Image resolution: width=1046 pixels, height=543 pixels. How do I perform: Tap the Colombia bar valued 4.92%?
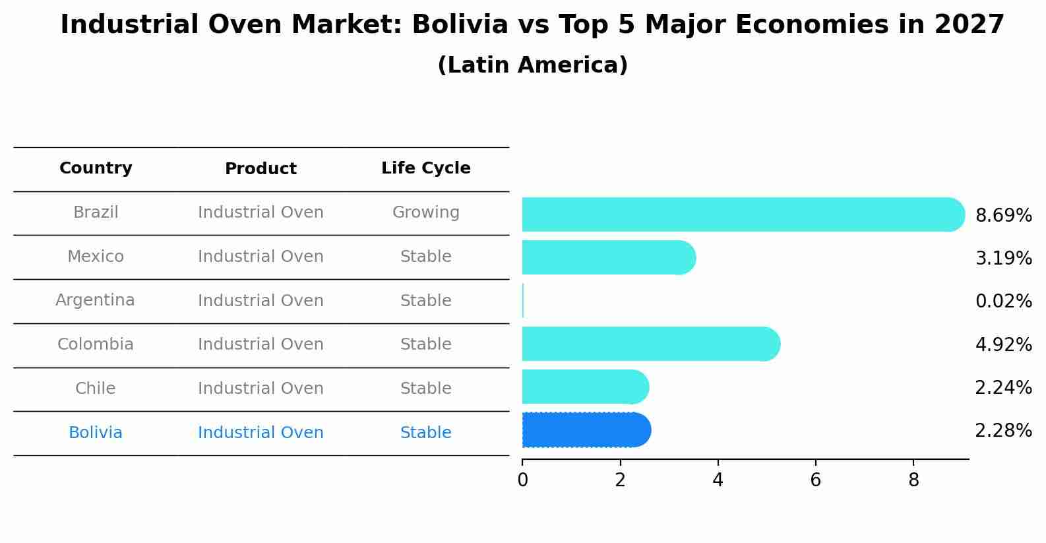tap(650, 344)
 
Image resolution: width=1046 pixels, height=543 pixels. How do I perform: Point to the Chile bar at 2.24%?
tap(584, 387)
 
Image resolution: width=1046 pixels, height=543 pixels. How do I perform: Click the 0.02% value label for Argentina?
tap(1003, 302)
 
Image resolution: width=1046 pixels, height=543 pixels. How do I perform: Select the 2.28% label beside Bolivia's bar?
tap(1003, 431)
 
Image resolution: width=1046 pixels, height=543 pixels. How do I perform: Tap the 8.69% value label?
tap(1003, 216)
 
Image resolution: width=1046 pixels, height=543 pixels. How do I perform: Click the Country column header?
tap(96, 168)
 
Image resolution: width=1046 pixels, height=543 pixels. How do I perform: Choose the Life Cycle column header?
tap(425, 168)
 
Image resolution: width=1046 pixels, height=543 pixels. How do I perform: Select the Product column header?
tap(261, 169)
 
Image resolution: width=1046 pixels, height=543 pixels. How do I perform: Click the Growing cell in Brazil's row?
tap(425, 212)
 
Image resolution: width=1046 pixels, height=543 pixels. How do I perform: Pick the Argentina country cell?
tap(95, 300)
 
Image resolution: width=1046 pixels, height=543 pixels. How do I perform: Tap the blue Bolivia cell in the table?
tap(95, 433)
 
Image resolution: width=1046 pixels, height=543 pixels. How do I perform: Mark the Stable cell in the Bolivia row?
tap(425, 433)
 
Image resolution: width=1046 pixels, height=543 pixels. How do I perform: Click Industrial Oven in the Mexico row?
tap(261, 257)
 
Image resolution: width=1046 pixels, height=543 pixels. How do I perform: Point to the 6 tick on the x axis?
tap(815, 480)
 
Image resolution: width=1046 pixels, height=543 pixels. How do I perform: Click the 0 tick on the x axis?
tap(522, 480)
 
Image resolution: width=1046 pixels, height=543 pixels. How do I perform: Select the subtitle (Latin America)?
tap(532, 65)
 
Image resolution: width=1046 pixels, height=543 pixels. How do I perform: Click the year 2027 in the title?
tap(969, 25)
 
